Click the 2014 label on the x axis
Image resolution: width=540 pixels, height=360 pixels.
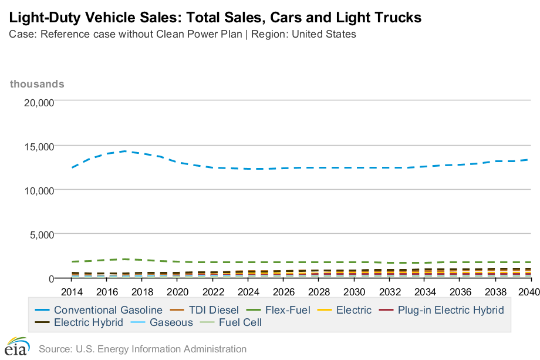pyautogui.click(x=72, y=292)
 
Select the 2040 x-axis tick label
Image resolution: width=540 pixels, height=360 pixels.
pyautogui.click(x=531, y=292)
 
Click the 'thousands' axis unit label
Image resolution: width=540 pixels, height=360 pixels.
pyautogui.click(x=37, y=84)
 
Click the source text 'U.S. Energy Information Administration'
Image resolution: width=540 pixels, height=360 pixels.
pyautogui.click(x=159, y=349)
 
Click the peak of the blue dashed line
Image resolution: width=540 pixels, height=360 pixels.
pyautogui.click(x=125, y=151)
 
